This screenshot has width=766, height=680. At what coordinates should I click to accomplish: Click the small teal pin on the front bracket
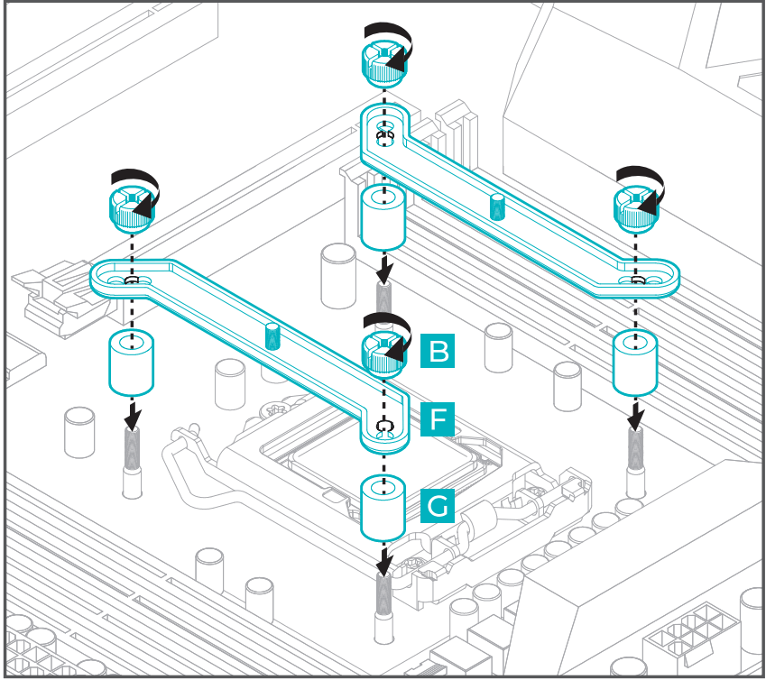coord(272,335)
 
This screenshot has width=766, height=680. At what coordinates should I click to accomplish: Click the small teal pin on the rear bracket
coord(495,207)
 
